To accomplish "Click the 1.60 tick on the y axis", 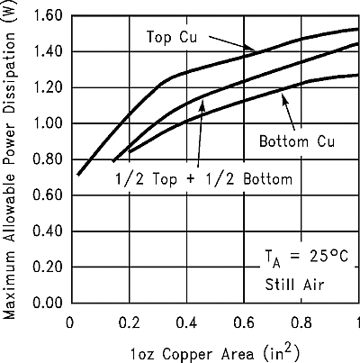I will click(x=47, y=16).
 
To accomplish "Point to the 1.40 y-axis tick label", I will click(x=47, y=52).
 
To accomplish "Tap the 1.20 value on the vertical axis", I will click(x=47, y=88).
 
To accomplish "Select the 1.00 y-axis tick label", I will click(x=47, y=124).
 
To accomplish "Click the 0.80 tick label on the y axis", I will click(x=47, y=159).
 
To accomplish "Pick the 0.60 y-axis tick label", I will click(x=47, y=195).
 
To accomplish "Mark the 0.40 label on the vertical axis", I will click(x=47, y=231).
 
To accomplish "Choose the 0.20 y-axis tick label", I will click(x=47, y=268).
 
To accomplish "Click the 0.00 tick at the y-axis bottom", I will click(x=47, y=303).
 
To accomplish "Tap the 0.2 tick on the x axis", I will click(x=129, y=322).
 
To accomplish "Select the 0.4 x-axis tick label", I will click(x=186, y=322).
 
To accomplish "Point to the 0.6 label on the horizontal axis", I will click(x=244, y=322).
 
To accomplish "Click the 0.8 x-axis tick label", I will click(x=301, y=322).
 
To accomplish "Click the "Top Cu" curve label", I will click(x=171, y=36).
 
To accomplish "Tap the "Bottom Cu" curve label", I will click(x=296, y=142).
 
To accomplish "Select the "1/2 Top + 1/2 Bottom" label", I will click(x=203, y=178).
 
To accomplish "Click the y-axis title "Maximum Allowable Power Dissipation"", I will click(x=10, y=171).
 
